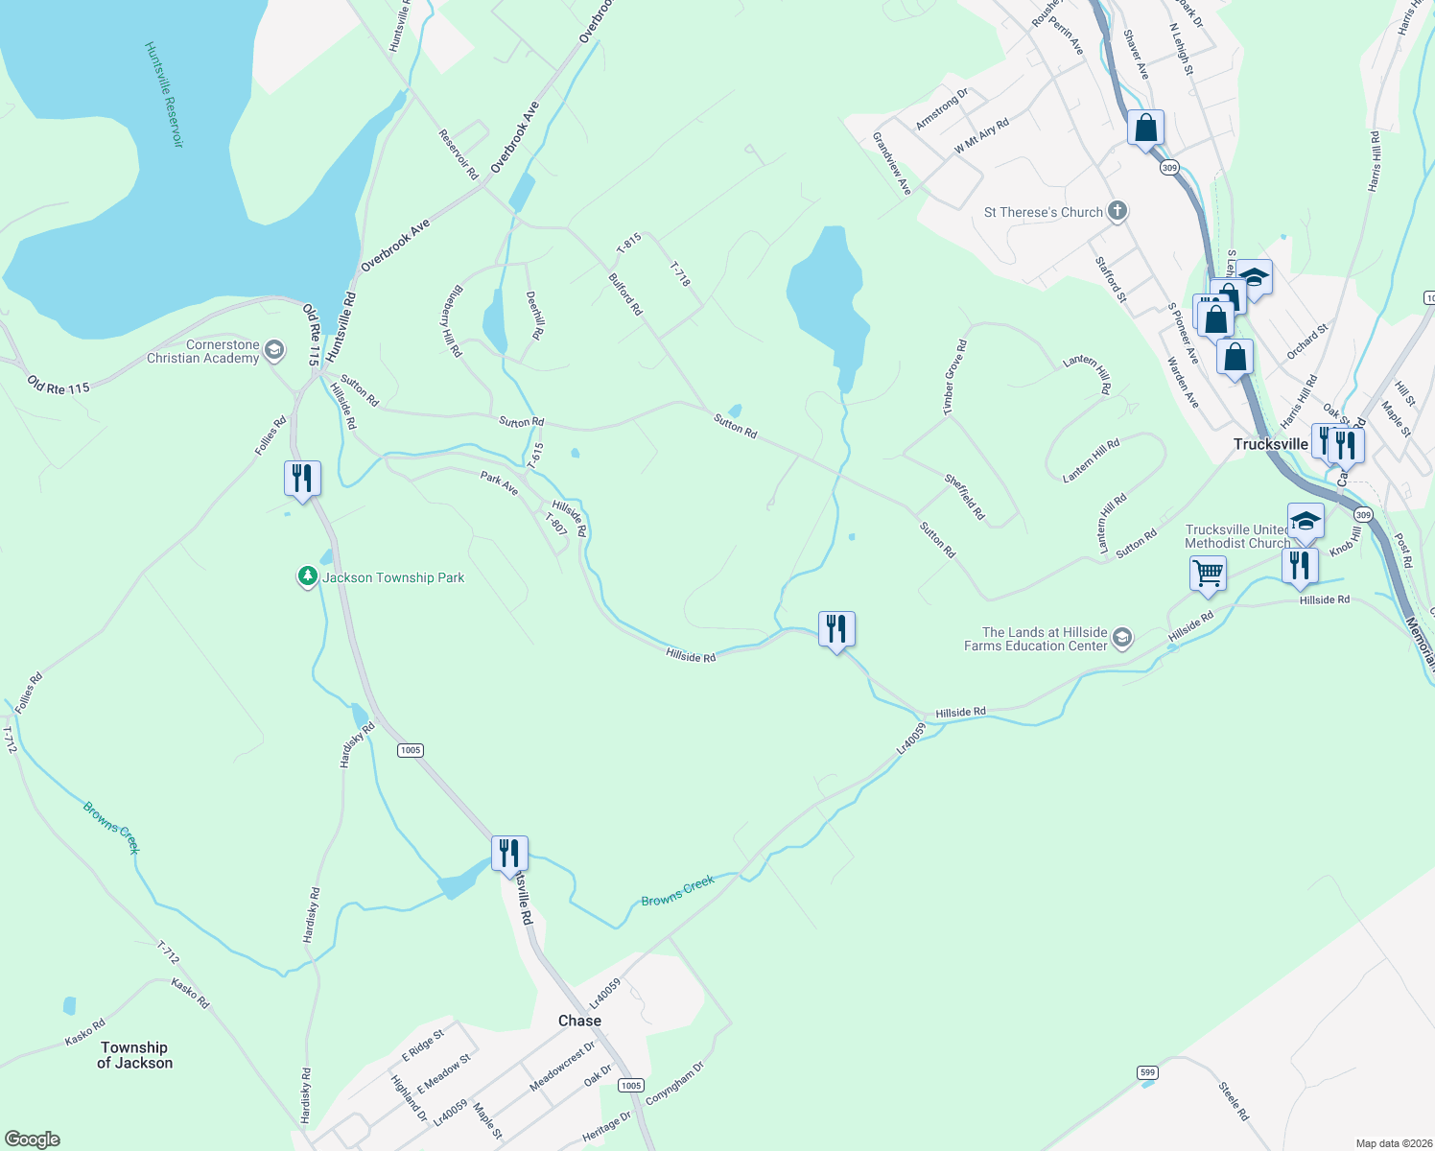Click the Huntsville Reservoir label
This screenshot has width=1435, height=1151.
pyautogui.click(x=164, y=94)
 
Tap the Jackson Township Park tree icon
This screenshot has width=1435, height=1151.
pyautogui.click(x=307, y=576)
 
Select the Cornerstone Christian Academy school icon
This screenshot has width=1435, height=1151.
pyautogui.click(x=274, y=350)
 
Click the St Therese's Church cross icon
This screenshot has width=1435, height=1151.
pyautogui.click(x=1117, y=212)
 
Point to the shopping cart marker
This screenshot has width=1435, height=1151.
pyautogui.click(x=1208, y=574)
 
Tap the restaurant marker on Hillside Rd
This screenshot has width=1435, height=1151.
pyautogui.click(x=836, y=629)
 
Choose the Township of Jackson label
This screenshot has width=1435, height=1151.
pyautogui.click(x=135, y=1055)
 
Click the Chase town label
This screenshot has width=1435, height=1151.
pyautogui.click(x=579, y=1021)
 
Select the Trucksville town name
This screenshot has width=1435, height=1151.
pyautogui.click(x=1270, y=444)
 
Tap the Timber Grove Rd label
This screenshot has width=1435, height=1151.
pyautogui.click(x=954, y=377)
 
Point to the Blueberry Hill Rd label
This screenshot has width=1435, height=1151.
pyautogui.click(x=452, y=321)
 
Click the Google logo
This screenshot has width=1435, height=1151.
pyautogui.click(x=33, y=1139)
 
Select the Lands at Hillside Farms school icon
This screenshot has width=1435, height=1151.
pyautogui.click(x=1122, y=638)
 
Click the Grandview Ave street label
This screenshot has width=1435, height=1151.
pyautogui.click(x=892, y=164)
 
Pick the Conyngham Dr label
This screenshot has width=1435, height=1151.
pyautogui.click(x=674, y=1083)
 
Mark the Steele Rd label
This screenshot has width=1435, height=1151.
pyautogui.click(x=1234, y=1101)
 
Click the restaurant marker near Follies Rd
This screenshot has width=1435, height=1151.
pyautogui.click(x=302, y=478)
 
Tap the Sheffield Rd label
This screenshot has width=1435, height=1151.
pyautogui.click(x=964, y=496)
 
